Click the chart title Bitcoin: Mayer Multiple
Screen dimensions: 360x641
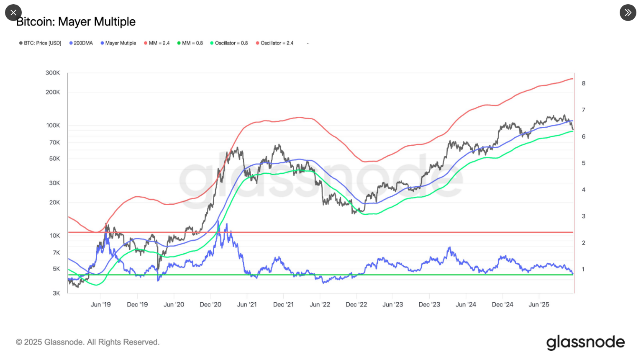76,22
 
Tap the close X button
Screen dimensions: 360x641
13,13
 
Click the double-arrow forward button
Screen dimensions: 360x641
628,13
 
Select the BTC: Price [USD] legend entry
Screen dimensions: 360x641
41,43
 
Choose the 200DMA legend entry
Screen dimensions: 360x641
82,43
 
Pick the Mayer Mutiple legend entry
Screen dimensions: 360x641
118,43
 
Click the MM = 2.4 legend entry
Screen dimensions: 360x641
157,43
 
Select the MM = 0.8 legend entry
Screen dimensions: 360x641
190,43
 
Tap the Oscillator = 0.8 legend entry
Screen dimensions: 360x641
229,43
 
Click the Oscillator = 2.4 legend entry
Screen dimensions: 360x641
275,43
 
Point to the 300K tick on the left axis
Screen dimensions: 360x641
53,73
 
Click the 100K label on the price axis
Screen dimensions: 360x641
53,126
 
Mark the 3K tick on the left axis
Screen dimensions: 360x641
56,293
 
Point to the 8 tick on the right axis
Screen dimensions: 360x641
584,83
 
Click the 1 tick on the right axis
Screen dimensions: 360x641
583,269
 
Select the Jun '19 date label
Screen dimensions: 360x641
101,305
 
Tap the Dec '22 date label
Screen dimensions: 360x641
356,305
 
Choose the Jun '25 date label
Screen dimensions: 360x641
539,305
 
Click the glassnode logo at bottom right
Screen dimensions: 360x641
585,342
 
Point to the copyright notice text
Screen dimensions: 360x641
88,342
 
